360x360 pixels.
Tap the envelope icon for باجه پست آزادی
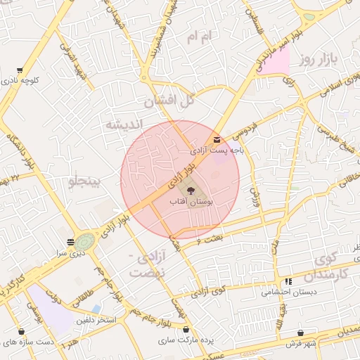click(216, 140)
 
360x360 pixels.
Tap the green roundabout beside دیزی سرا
click(85, 241)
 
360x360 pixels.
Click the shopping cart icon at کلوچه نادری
click(20, 70)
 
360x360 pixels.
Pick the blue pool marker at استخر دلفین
click(96, 309)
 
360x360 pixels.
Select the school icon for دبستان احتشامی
click(288, 282)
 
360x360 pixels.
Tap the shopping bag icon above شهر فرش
click(301, 333)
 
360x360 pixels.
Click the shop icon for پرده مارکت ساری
click(186, 330)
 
